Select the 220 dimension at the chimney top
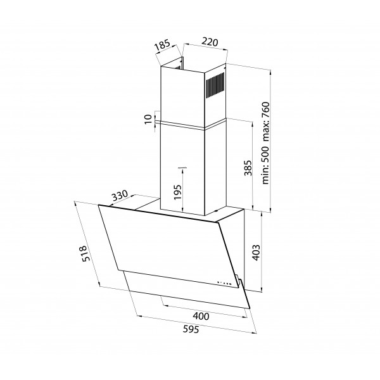(x=210, y=42)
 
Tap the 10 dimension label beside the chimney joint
(x=148, y=119)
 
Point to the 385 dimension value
(x=248, y=168)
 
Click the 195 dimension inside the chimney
(x=177, y=192)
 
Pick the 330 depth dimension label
(x=120, y=196)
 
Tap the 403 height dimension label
(x=256, y=252)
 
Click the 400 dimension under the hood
(x=201, y=316)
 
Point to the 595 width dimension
(x=191, y=329)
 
